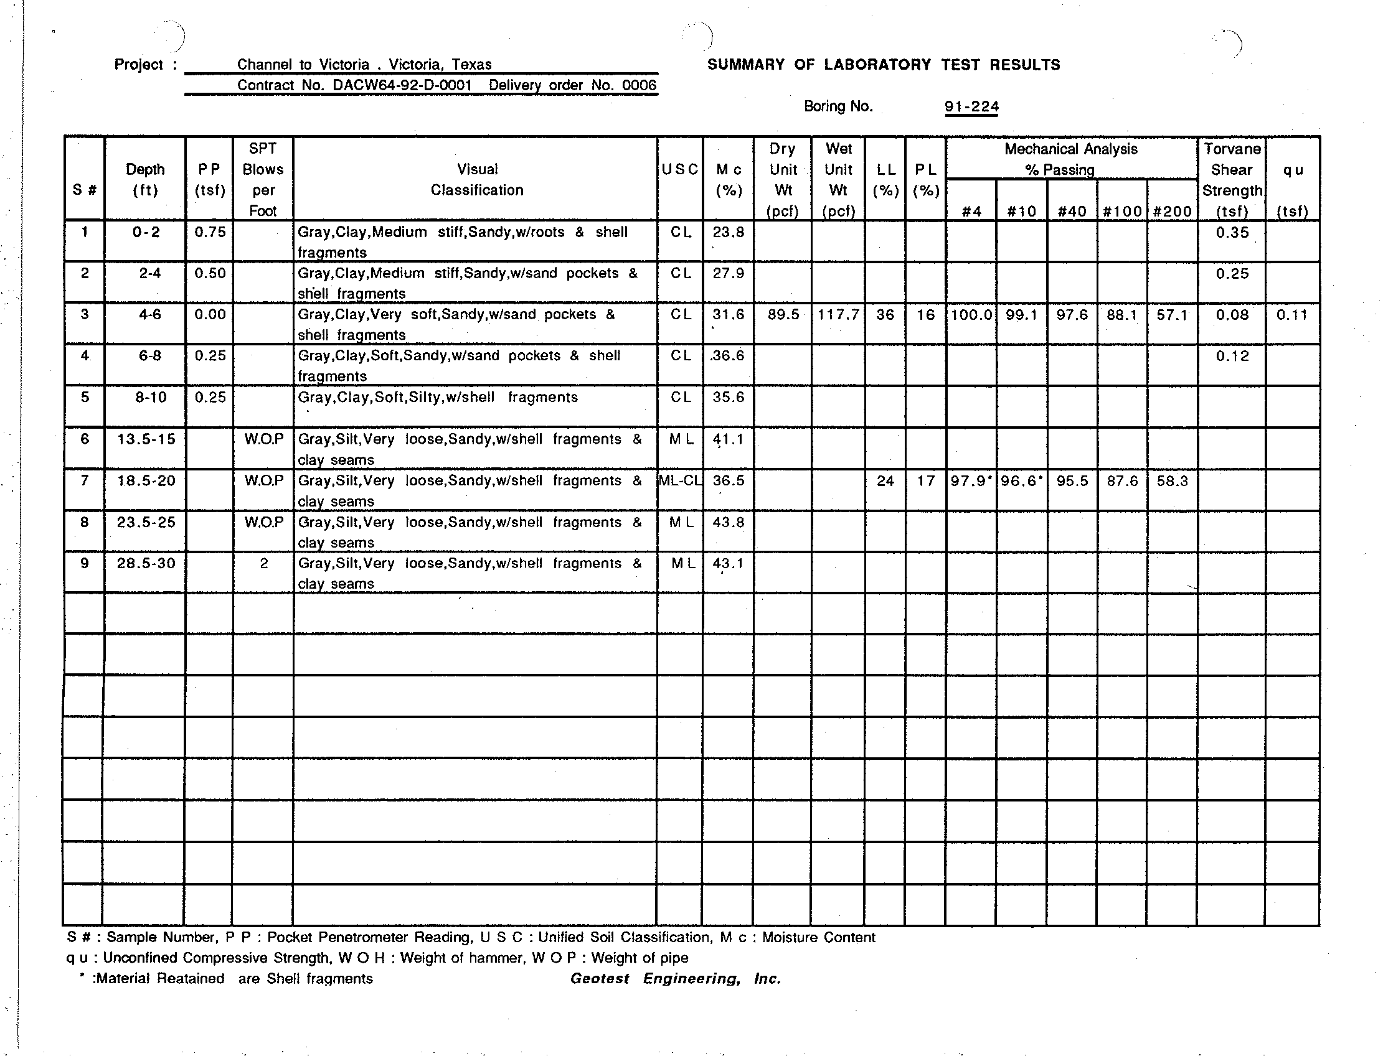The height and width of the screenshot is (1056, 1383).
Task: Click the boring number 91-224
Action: coord(971,107)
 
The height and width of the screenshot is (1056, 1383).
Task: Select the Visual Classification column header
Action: coord(477,180)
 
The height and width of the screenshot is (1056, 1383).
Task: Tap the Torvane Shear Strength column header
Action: coord(1232,180)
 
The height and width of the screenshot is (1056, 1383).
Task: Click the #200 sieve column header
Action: coord(1172,211)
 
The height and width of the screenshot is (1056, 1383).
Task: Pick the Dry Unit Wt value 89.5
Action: coord(783,314)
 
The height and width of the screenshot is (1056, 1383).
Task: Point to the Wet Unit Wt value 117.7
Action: coord(838,314)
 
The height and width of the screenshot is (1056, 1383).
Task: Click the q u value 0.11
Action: coord(1292,314)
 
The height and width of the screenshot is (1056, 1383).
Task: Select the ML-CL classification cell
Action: coord(680,481)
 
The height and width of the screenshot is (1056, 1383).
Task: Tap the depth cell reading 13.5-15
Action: coord(146,439)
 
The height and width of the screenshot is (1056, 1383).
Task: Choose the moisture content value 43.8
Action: coord(729,522)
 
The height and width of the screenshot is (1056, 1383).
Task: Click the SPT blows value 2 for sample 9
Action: coord(263,563)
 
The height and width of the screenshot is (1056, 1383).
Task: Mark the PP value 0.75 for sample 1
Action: coord(209,232)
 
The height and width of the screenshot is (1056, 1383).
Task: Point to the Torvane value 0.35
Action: coord(1232,233)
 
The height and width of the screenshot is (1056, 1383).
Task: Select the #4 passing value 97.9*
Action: coord(971,482)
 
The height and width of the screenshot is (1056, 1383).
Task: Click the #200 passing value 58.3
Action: coord(1172,482)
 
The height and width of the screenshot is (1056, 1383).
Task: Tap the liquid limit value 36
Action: coord(885,314)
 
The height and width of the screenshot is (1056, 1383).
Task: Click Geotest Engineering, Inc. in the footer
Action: coord(675,979)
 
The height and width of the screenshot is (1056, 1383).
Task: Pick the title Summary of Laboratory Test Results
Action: coord(884,65)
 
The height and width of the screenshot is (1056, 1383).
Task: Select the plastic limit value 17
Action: coord(925,482)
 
